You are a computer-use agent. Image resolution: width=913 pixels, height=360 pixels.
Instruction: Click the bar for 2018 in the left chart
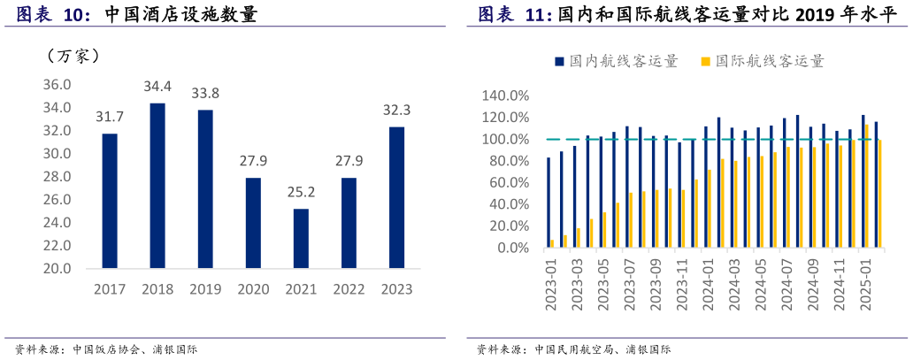point(157,186)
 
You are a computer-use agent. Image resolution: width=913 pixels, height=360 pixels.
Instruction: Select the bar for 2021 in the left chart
point(301,238)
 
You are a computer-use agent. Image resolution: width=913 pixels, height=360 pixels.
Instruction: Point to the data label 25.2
point(301,193)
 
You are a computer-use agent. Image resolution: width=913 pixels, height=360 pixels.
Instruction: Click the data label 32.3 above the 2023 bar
point(396,111)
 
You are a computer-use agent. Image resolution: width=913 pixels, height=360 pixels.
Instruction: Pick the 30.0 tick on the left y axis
point(58,154)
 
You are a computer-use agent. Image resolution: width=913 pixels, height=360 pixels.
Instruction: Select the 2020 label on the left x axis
point(253,289)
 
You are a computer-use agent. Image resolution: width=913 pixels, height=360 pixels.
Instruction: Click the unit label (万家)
point(73,56)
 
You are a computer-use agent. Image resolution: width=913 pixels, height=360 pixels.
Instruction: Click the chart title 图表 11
point(516,14)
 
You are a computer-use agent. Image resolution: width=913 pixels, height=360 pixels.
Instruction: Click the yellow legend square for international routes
point(705,61)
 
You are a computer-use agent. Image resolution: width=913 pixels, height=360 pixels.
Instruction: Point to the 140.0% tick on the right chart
point(504,96)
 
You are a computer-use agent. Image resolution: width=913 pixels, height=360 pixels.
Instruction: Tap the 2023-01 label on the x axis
point(551,283)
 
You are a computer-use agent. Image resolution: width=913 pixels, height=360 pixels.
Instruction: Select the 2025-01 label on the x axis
point(868,283)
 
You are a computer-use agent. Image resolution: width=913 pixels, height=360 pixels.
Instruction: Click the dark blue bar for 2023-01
point(549,203)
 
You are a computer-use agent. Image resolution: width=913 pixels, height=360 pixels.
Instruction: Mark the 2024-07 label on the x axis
point(788,283)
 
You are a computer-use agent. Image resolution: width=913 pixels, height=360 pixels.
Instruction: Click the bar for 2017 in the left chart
point(110,201)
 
